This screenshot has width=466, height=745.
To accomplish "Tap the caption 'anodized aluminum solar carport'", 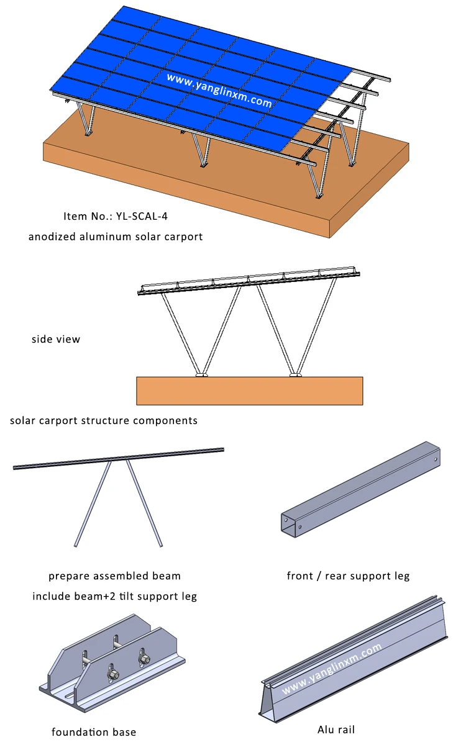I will click(x=116, y=237).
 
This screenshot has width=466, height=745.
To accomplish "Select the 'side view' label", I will click(x=56, y=340).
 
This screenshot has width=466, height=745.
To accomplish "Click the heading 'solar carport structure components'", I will click(x=104, y=420).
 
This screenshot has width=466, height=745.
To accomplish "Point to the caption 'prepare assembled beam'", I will click(x=115, y=576).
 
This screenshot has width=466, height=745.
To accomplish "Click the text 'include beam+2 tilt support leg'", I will click(x=115, y=596).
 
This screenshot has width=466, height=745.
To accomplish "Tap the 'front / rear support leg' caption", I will click(x=348, y=576).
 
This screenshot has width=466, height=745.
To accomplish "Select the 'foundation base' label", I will click(x=94, y=731).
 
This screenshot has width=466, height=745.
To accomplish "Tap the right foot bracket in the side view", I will click(x=296, y=374).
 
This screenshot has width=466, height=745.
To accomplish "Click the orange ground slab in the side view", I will click(x=249, y=391).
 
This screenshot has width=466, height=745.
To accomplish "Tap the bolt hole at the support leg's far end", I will click(x=436, y=460).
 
